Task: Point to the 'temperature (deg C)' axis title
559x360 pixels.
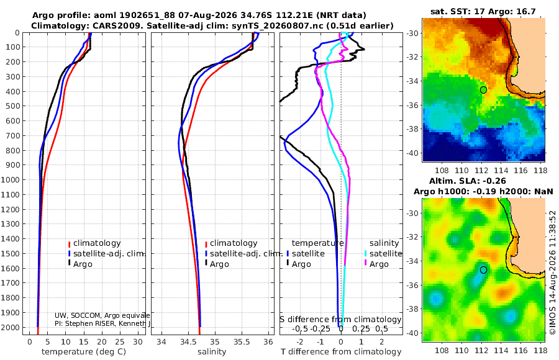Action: click(84, 352)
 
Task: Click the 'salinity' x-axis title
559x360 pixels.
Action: click(212, 352)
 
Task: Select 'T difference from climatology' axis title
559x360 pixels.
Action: click(341, 352)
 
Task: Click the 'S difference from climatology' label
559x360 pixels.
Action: click(340, 319)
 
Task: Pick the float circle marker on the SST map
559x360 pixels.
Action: click(483, 90)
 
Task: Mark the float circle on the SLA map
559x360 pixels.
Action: click(483, 270)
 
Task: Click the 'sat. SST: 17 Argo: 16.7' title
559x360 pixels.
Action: click(483, 11)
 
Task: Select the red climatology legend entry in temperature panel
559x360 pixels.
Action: click(94, 243)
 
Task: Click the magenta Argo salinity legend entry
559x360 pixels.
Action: click(376, 264)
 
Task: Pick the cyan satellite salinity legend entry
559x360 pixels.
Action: click(383, 253)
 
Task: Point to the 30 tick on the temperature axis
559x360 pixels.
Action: click(138, 341)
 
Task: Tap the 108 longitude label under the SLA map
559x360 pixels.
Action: click(442, 350)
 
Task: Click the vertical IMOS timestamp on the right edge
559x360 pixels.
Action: click(553, 272)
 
